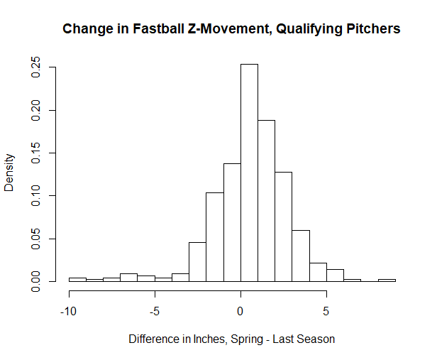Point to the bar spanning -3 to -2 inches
197,262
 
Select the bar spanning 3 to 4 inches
301,256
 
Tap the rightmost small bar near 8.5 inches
387,280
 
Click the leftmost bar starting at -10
77,279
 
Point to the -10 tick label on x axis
69,310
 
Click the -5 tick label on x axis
155,310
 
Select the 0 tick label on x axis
240,310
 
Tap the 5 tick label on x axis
326,310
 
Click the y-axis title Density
10,174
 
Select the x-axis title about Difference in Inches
231,339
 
